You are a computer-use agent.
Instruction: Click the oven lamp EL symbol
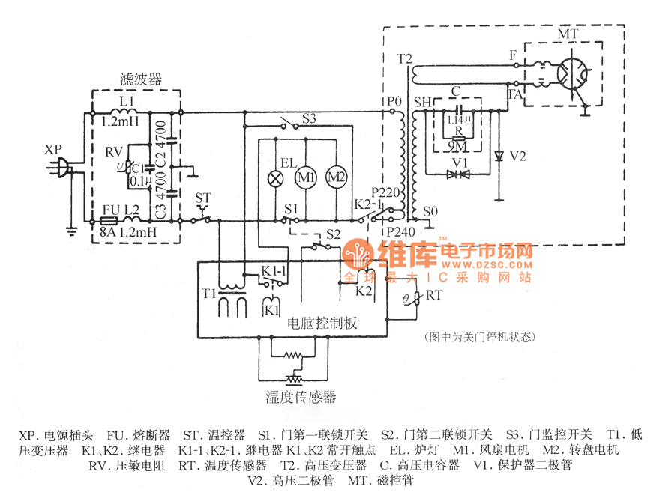274,177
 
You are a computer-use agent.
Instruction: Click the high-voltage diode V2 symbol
499,157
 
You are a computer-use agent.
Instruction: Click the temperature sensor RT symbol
416,299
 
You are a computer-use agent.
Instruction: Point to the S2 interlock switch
319,245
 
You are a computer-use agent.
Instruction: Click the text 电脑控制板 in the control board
322,323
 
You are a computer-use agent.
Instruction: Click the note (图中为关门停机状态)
478,337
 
